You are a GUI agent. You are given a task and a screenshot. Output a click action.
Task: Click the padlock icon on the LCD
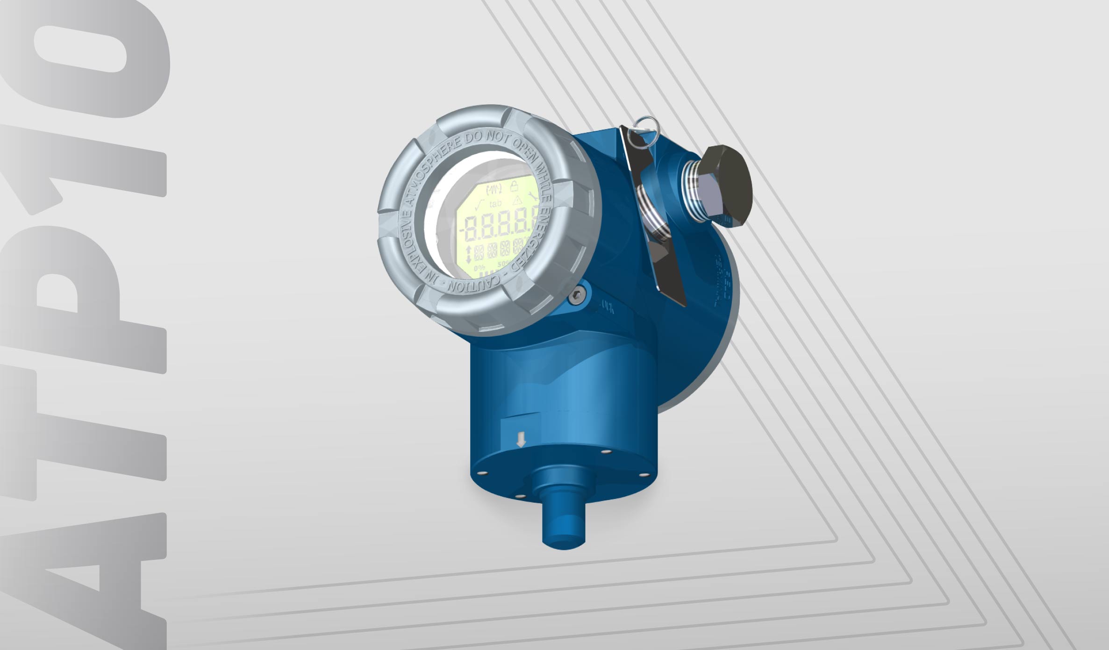(515, 186)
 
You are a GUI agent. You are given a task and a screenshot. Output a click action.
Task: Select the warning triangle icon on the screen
(517, 201)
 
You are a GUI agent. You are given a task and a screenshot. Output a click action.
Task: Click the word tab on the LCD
(495, 204)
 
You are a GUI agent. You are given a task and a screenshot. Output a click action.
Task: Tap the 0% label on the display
(479, 268)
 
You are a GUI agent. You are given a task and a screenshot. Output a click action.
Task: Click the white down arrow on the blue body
(521, 440)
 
